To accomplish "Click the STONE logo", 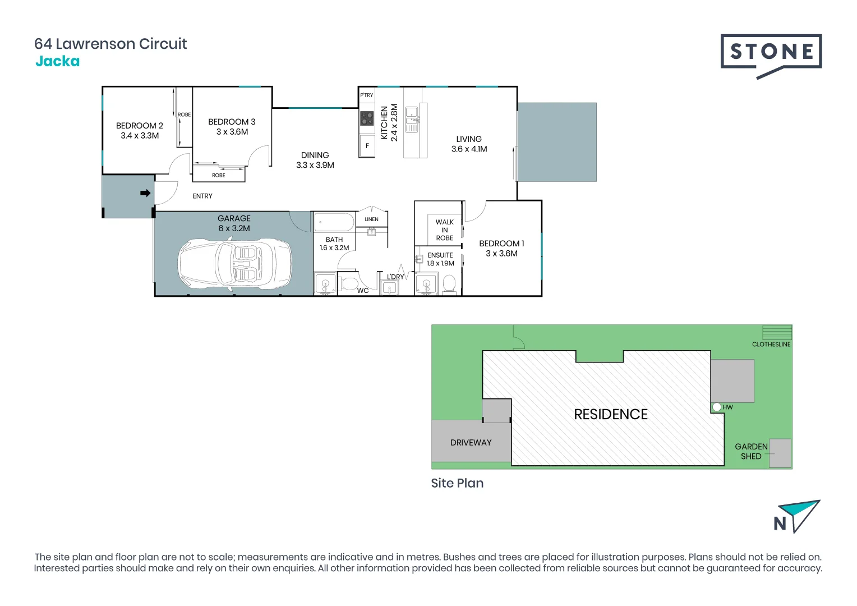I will click(x=771, y=53).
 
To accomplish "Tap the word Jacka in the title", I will click(x=57, y=62).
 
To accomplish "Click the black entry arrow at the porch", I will click(x=145, y=193).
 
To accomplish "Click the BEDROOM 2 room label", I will click(x=140, y=126).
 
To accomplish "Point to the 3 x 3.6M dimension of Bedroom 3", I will click(x=232, y=132).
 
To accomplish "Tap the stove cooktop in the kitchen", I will click(x=367, y=118).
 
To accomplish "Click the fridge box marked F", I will click(x=367, y=145).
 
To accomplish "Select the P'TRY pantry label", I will click(x=367, y=95).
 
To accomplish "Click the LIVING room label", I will click(x=469, y=139).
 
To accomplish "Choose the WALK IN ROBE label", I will click(x=445, y=230).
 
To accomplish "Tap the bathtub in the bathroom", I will click(x=334, y=222).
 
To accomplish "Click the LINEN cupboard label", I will click(x=371, y=219).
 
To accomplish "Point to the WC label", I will click(x=363, y=291).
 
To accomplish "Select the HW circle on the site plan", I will click(x=717, y=407).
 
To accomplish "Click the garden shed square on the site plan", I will click(x=780, y=453).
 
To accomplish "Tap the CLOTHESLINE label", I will click(x=771, y=345).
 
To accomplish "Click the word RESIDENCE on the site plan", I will click(x=611, y=414).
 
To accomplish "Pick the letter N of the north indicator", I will click(x=780, y=524).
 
